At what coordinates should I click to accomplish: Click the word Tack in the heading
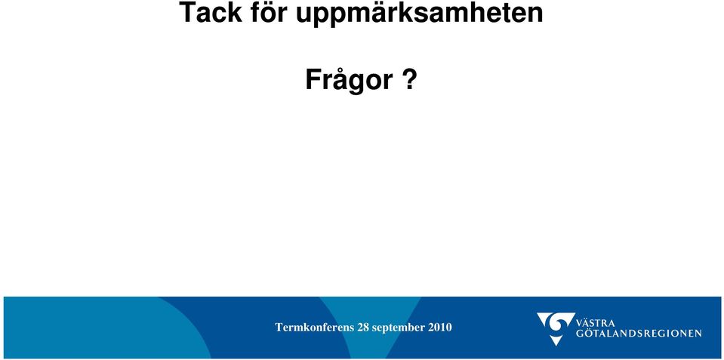(210, 12)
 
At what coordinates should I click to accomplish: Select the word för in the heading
(269, 12)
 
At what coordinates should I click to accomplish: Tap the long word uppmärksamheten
(419, 14)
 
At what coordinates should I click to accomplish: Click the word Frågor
(349, 79)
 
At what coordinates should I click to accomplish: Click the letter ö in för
(269, 13)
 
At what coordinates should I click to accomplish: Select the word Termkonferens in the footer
(315, 328)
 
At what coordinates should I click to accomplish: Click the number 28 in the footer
(363, 328)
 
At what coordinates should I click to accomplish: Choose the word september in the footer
(399, 328)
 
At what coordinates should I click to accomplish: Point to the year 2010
(440, 328)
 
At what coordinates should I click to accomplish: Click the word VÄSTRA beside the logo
(596, 322)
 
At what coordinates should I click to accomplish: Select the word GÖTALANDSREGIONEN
(639, 333)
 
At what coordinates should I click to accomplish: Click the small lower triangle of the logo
(556, 340)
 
